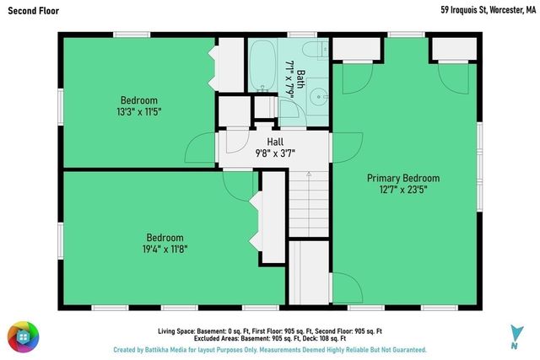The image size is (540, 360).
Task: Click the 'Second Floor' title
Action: click(34, 11)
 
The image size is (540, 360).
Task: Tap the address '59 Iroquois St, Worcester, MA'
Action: click(488, 10)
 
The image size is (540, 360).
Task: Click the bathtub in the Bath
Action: click(262, 66)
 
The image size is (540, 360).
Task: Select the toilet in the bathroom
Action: click(316, 50)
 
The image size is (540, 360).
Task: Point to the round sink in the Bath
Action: click(319, 97)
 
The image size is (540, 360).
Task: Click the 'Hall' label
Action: click(275, 142)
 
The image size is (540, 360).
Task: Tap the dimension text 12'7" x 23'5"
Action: click(403, 190)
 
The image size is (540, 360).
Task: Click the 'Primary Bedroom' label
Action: click(403, 178)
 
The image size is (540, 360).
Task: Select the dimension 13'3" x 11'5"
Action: click(139, 112)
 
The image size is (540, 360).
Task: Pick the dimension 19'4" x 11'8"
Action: click(165, 249)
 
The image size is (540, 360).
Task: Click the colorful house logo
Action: click(24, 337)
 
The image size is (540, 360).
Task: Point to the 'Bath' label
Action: click(300, 79)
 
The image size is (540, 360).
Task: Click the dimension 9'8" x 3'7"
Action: click(275, 153)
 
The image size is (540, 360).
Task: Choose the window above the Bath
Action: click(302, 35)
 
